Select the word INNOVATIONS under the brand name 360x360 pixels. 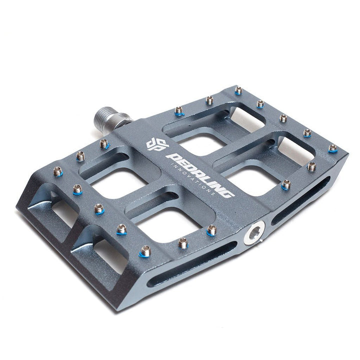click(x=193, y=179)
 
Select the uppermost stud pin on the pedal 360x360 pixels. click(x=239, y=90)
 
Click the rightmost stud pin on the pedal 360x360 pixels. click(x=332, y=148)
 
